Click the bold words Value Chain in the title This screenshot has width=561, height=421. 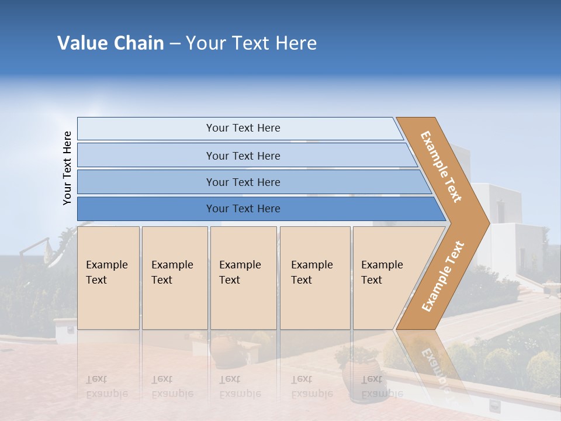[110, 43]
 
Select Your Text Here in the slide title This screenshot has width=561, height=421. [251, 43]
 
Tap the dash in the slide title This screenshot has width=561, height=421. [175, 44]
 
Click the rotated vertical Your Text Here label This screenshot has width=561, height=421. [67, 168]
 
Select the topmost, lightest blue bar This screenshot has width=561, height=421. [243, 128]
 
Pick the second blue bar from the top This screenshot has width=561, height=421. [243, 156]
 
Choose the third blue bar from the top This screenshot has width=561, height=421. [243, 182]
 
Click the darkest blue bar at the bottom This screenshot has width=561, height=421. [243, 209]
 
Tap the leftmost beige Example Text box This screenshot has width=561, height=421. [108, 278]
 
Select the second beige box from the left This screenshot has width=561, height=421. [174, 278]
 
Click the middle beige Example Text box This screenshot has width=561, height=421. [243, 278]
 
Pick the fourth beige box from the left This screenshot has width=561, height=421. [315, 278]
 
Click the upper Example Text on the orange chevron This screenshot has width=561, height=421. [441, 167]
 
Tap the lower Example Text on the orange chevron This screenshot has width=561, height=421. [442, 277]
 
